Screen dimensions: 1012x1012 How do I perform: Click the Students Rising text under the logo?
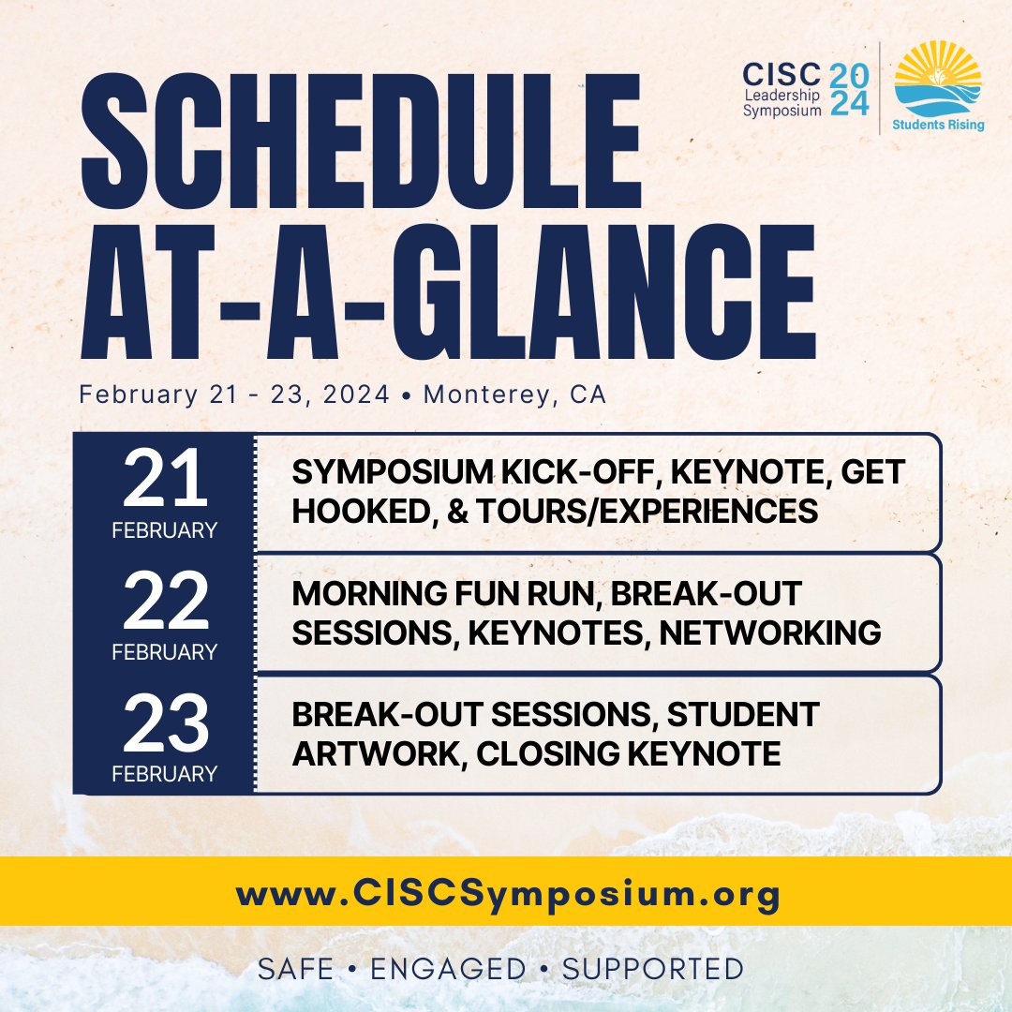click(937, 124)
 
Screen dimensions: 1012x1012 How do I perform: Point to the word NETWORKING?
click(770, 632)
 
